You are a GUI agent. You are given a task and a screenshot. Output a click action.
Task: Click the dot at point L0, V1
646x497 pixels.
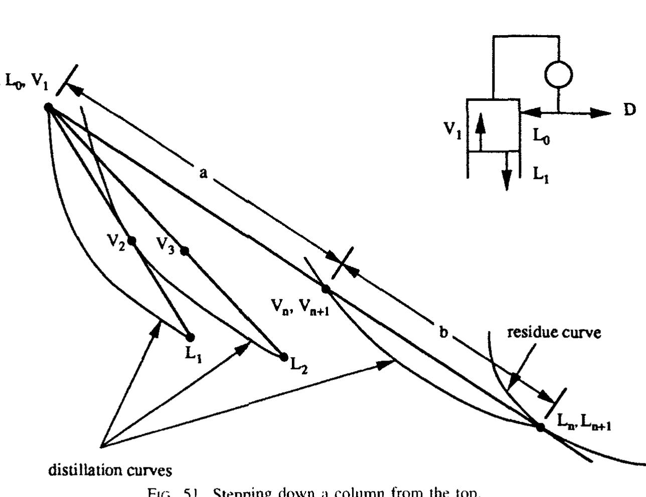click(x=49, y=107)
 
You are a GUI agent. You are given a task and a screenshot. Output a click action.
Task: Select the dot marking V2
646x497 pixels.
click(x=131, y=241)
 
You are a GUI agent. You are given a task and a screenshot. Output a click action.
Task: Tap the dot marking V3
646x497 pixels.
click(x=185, y=251)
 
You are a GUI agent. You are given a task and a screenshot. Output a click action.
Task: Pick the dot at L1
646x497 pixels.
click(x=190, y=337)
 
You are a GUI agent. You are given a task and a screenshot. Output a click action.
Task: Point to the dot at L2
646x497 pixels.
click(x=283, y=357)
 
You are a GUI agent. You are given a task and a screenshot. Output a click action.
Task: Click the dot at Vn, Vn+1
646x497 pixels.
click(x=326, y=289)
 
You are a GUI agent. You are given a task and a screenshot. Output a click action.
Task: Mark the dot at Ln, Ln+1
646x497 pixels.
click(x=540, y=427)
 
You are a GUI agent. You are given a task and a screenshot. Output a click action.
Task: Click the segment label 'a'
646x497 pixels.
click(x=203, y=173)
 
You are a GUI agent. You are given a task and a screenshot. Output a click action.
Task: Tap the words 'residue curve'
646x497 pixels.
click(x=554, y=332)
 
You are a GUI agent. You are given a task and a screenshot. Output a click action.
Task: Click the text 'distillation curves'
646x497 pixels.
click(x=110, y=470)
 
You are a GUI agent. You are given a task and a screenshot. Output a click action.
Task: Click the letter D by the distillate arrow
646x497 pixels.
click(x=629, y=109)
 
